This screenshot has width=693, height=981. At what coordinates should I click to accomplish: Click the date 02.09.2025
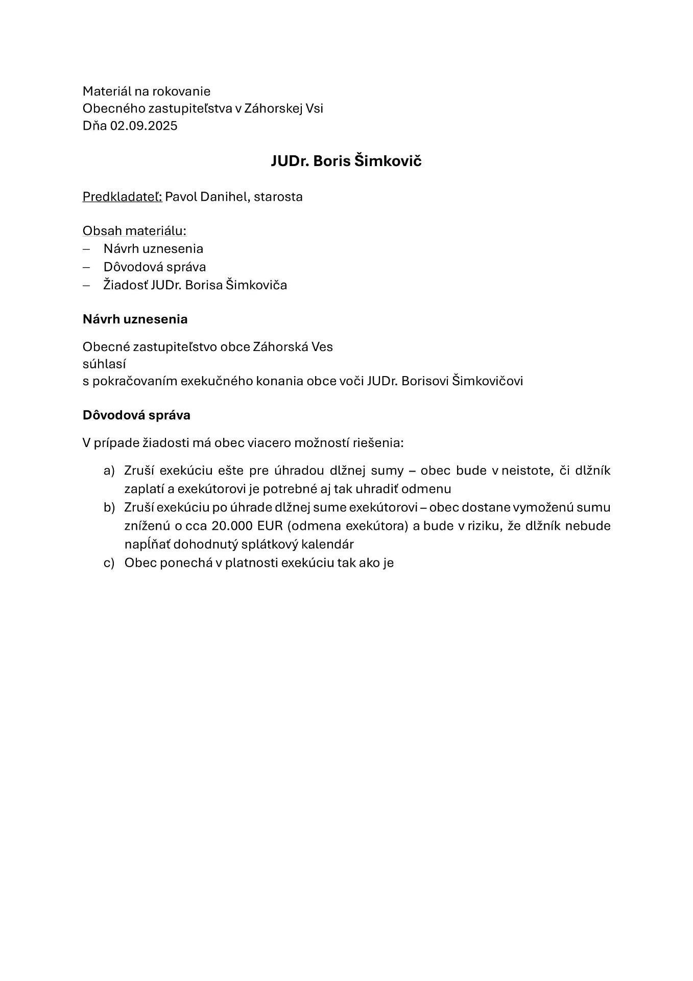(144, 126)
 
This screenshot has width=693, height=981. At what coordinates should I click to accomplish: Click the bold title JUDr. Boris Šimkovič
(346, 161)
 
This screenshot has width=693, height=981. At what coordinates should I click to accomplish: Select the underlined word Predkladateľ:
(122, 197)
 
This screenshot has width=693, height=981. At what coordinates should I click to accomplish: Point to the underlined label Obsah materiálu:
(134, 231)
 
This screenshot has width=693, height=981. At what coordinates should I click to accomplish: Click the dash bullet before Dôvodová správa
(86, 267)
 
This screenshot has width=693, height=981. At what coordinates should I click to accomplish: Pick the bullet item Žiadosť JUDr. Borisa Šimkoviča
(195, 285)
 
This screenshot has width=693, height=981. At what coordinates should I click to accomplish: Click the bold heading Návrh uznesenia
(135, 319)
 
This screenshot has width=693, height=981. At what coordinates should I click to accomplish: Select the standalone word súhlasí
(104, 364)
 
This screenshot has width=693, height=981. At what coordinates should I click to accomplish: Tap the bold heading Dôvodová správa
(136, 415)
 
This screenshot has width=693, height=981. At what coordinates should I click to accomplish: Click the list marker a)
(109, 471)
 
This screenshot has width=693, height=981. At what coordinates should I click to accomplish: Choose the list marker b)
(109, 507)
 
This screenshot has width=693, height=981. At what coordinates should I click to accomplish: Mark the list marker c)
(109, 563)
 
